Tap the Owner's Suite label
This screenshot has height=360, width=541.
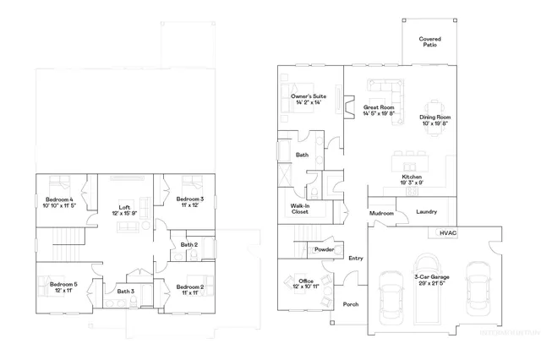309,100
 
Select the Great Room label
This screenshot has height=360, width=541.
380,111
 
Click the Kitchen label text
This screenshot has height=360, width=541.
411,178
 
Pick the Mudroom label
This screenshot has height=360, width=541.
382,214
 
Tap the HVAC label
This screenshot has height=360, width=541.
447,232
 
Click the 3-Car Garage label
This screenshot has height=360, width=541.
431,280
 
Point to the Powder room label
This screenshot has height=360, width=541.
323,250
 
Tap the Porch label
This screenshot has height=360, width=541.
351,305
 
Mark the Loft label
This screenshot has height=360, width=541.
123,209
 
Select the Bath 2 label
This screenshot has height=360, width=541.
189,245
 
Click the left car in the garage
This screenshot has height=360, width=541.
391,295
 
